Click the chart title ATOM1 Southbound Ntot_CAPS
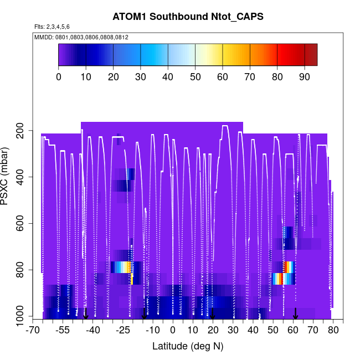point(188,16)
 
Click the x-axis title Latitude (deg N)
point(188,346)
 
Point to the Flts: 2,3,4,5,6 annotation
point(52,27)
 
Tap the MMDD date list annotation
point(81,37)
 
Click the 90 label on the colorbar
point(304,76)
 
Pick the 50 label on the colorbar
point(195,76)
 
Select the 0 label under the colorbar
point(59,76)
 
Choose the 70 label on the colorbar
point(250,76)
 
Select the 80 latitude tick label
point(333,330)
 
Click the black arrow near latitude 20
point(212,313)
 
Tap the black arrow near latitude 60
point(296,313)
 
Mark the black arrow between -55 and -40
point(85,313)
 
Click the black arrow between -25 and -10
point(144,313)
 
